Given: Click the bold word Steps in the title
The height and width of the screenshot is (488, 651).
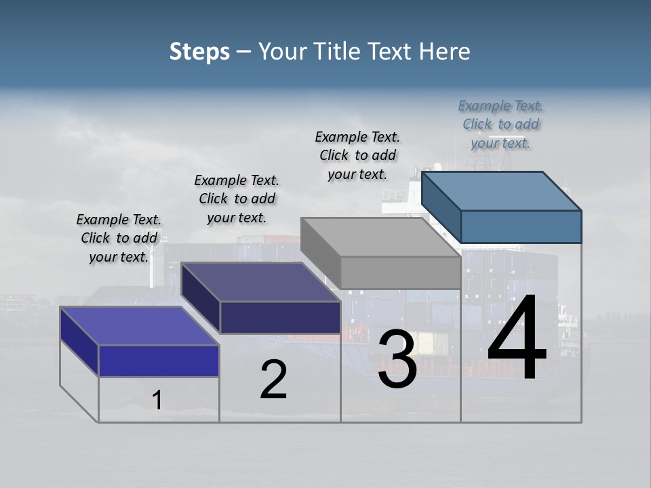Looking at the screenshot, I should coord(199,52).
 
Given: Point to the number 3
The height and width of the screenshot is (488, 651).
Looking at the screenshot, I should coord(397,359).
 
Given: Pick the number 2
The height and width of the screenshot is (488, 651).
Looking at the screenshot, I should coord(273,380).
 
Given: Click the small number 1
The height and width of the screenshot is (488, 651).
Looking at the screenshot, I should coord(157,400).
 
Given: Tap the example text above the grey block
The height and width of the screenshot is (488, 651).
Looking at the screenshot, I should coord(357,155).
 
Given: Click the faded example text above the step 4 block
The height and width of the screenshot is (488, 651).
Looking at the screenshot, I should coord(500,124).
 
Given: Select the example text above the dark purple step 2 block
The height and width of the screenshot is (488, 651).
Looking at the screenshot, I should coord(237,199).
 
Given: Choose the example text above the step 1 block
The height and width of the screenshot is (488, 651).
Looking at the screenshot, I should coord(119,238).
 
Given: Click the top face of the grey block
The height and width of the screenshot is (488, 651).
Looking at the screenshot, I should coord(380,237).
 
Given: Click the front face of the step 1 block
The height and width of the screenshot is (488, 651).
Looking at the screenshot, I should coord(159,361).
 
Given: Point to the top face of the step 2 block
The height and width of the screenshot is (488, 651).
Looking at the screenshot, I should coord(261,282).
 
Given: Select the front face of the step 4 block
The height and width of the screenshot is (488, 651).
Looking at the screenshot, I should coord(521,226).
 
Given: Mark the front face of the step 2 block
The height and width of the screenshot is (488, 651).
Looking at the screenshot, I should coord(280,317).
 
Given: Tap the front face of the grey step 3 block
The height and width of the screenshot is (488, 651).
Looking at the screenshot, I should coord(400,272).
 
